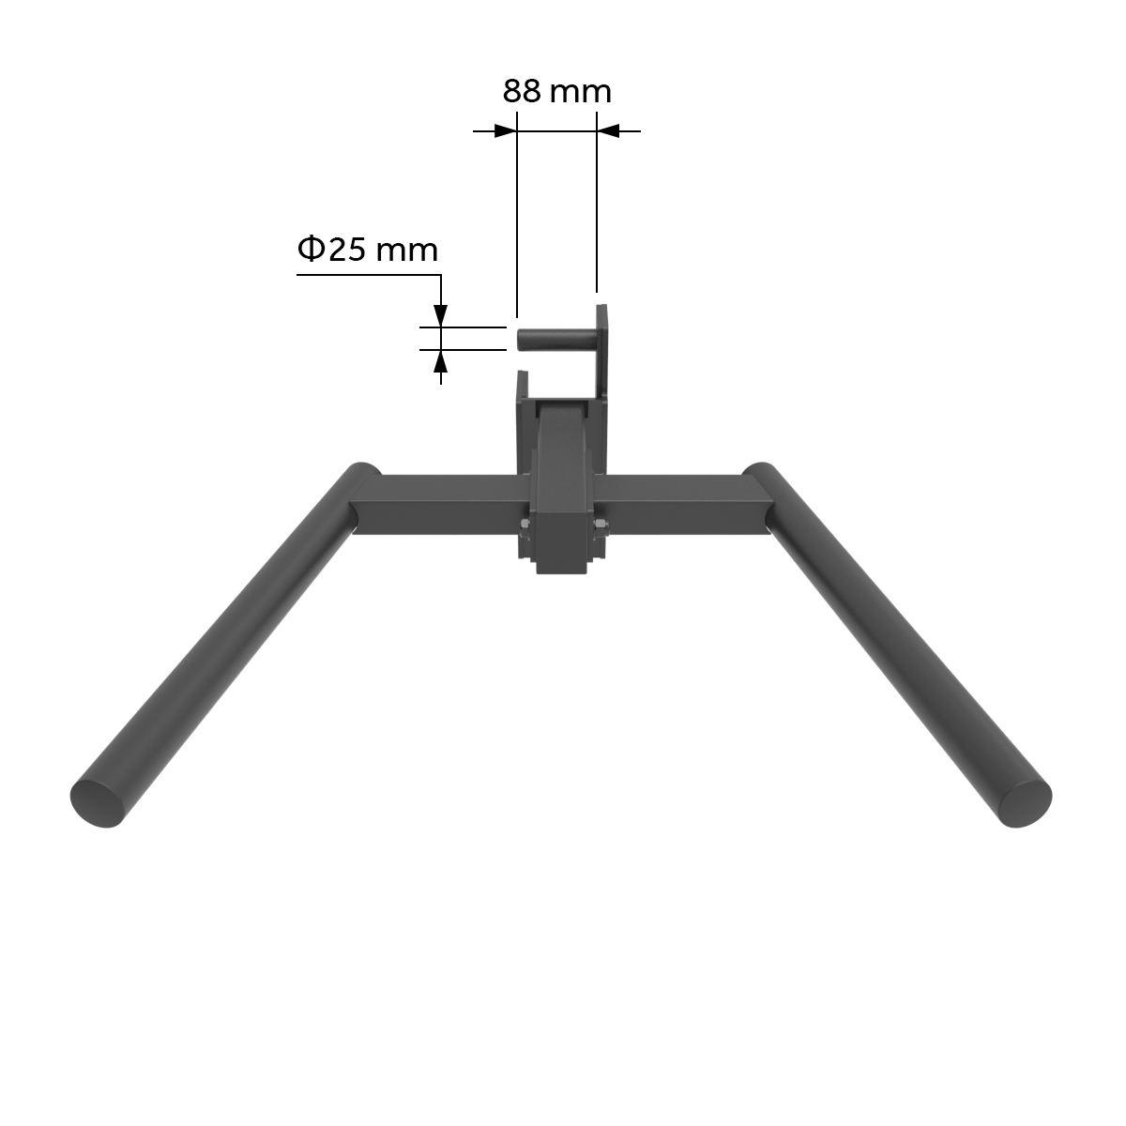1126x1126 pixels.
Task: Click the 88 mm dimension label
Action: tap(556, 92)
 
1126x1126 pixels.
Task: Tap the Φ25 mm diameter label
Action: tap(368, 250)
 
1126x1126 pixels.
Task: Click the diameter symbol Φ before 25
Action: tap(311, 250)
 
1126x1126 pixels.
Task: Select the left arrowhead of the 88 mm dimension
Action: tap(506, 131)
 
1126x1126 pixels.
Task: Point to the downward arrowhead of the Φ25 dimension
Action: tap(440, 316)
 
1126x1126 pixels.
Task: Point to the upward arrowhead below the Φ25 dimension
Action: tap(440, 360)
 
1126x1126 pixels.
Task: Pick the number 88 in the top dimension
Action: tap(523, 92)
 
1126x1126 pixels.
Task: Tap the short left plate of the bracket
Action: tap(521, 422)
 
